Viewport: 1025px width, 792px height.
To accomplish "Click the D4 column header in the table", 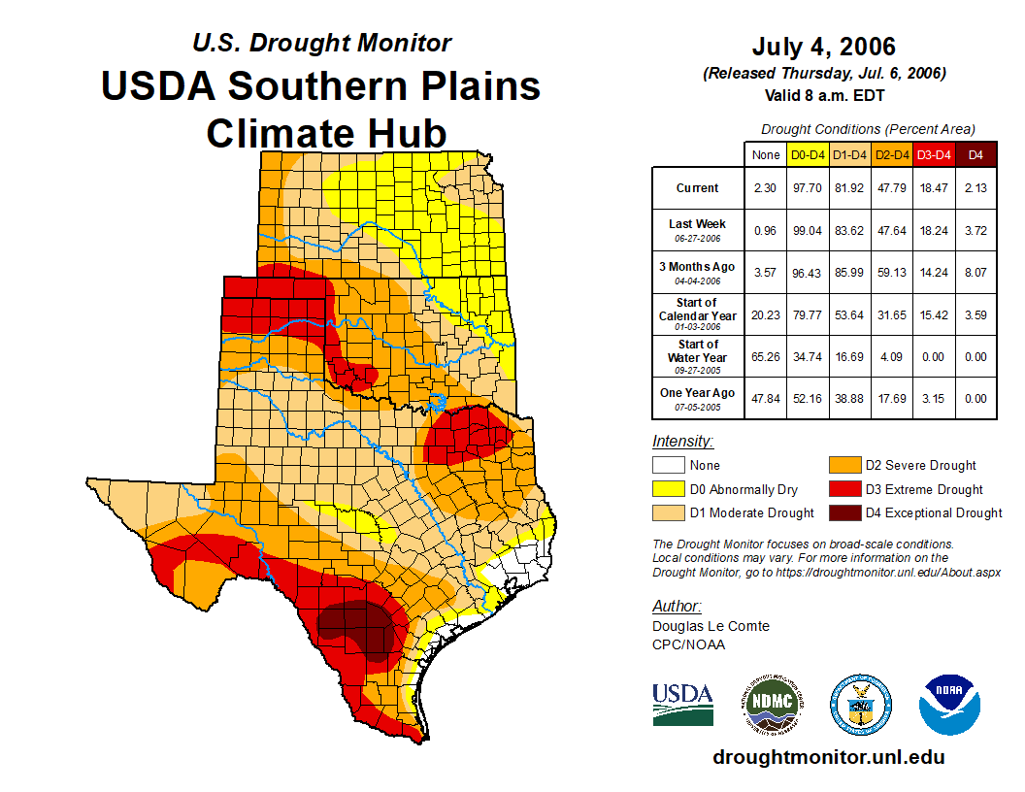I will pos(975,154).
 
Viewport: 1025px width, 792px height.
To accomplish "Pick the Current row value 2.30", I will pos(765,188).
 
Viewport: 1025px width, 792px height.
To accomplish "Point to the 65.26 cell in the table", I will pos(765,356).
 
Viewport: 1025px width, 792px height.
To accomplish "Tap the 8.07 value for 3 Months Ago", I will pos(975,273).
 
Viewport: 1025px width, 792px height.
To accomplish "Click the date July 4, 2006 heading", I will pos(823,47).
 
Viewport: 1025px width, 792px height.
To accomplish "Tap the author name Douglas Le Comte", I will pos(711,626).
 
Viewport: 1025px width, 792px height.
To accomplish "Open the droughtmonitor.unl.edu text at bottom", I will pos(828,757).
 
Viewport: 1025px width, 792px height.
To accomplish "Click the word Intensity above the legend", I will pos(682,442).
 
